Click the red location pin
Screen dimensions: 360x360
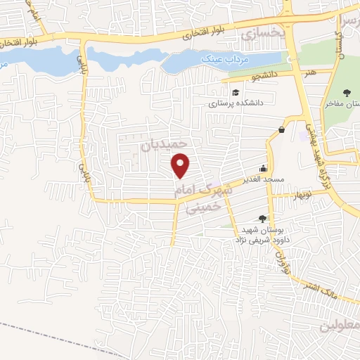click(x=181, y=165)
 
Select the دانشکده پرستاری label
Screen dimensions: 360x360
click(x=234, y=103)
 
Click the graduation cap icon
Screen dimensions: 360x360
click(x=236, y=91)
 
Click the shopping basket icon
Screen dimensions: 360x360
click(x=281, y=129)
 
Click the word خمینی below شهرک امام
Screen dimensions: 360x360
click(x=202, y=207)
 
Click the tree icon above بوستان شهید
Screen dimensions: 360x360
click(x=263, y=219)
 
